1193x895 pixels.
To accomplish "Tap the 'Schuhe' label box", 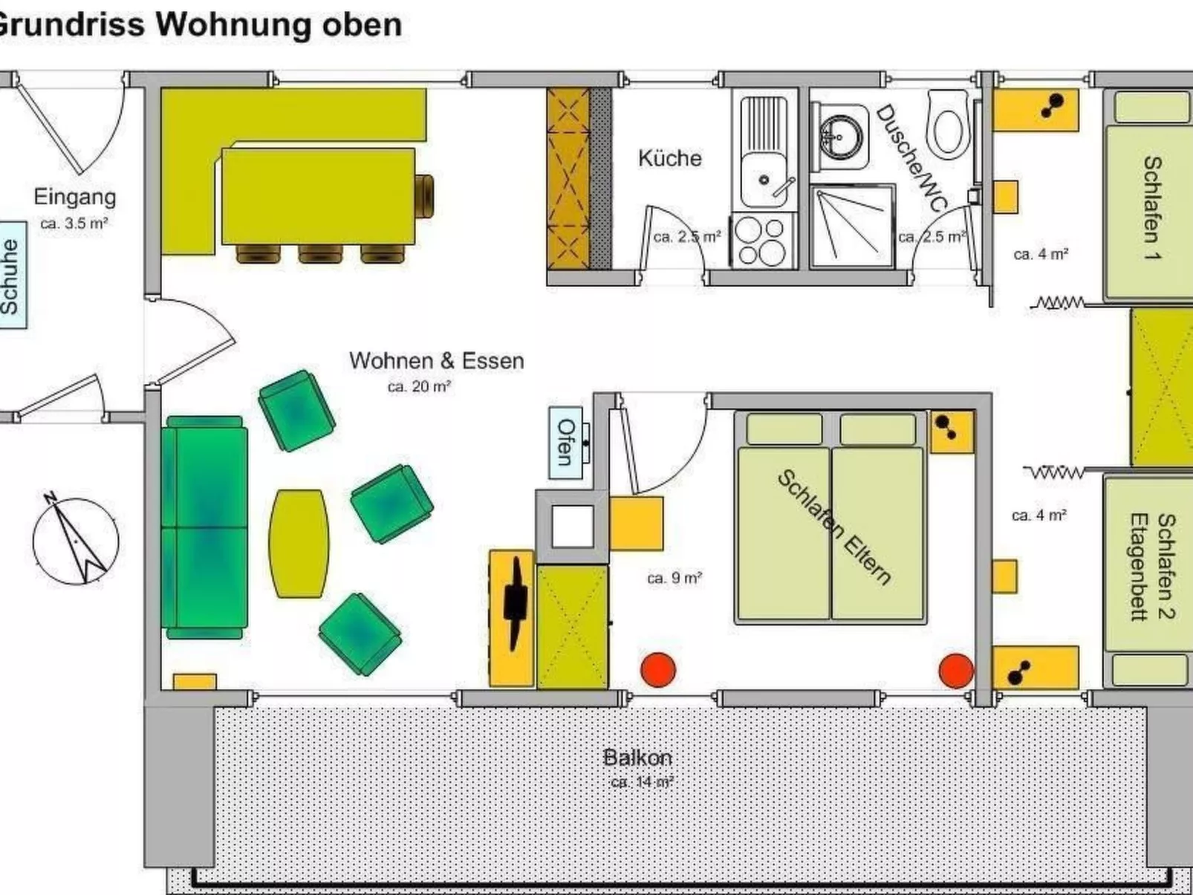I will coord(11,275).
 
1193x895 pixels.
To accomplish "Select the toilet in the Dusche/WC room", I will coord(949,124).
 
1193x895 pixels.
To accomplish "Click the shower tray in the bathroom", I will coord(851,226).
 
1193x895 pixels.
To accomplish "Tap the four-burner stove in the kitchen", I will coord(762,241).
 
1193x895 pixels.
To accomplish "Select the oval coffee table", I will coord(299,543).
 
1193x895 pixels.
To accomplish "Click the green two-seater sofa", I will coord(205,527).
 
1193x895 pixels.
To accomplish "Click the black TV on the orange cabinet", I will coord(514,602).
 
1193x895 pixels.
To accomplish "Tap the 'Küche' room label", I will coord(669,158).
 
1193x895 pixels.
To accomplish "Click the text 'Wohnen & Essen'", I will coord(437,361).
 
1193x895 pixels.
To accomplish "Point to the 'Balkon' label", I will coord(637,758).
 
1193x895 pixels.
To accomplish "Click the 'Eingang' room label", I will coord(74,197).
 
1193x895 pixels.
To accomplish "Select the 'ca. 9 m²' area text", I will coord(674,578).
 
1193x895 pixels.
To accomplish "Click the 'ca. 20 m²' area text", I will coord(419,387).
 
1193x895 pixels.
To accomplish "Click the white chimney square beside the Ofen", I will coord(572,526).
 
